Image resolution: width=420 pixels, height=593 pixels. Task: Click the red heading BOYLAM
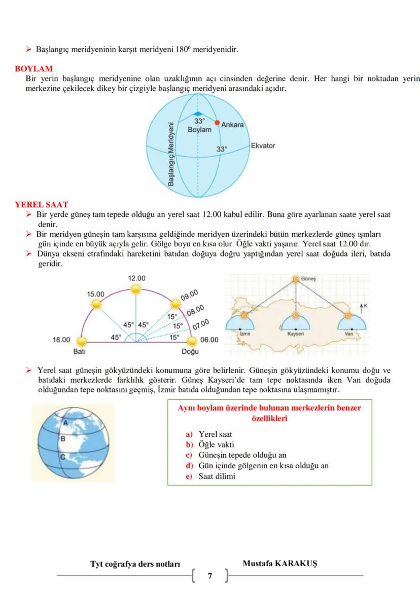tap(34, 68)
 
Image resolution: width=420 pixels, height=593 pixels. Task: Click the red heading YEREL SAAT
tap(42, 205)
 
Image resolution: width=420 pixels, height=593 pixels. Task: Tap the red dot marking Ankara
tap(217, 123)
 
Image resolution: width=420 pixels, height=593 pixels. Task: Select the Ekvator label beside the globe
tap(263, 146)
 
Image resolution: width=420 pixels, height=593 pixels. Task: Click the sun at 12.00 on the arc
tap(135, 289)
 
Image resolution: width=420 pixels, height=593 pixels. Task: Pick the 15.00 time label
tap(95, 294)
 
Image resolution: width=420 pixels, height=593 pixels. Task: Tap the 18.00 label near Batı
tap(61, 340)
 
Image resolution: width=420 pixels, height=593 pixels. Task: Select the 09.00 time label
tap(189, 295)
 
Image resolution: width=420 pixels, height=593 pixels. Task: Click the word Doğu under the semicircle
tap(190, 351)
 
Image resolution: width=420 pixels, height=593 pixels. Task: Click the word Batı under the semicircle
tap(79, 351)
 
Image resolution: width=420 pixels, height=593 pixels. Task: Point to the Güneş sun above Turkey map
tap(296, 279)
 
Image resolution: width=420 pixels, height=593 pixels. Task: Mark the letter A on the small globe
tap(65, 421)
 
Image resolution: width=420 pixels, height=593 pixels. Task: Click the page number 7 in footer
tap(210, 576)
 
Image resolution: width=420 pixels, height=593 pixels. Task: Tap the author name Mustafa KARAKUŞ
tap(280, 564)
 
